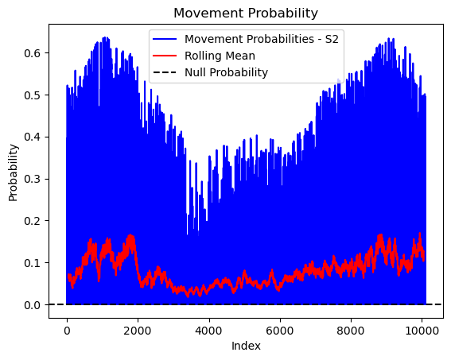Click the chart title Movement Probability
(246, 14)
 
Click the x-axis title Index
(246, 346)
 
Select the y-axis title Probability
(13, 172)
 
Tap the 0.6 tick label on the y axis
(32, 53)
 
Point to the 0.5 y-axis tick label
(32, 95)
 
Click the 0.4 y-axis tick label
(32, 137)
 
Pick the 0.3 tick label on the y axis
(32, 179)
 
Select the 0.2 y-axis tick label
(32, 221)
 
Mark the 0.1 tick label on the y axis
(32, 263)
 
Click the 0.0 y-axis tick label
(32, 305)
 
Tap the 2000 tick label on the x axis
(138, 331)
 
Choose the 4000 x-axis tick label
(208, 331)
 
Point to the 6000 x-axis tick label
(279, 331)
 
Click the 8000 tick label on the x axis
(351, 331)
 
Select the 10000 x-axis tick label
(422, 331)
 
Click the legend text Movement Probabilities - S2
(262, 39)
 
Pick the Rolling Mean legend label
(220, 56)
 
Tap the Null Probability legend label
(227, 72)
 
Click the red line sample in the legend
(165, 56)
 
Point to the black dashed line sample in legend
(165, 72)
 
